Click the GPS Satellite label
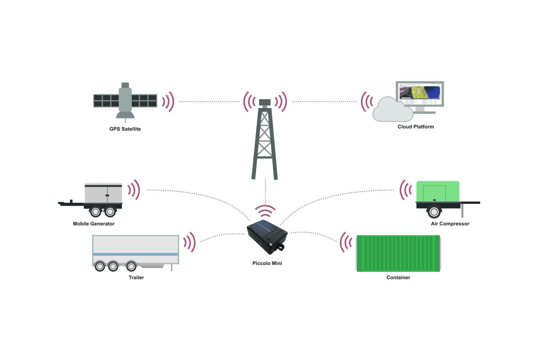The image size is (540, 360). (x=125, y=129)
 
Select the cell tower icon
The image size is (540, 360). (x=265, y=139)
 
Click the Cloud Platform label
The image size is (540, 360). (x=415, y=127)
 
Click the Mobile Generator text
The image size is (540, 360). (x=94, y=224)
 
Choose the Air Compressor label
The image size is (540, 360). (x=450, y=224)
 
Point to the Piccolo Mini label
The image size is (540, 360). (x=267, y=263)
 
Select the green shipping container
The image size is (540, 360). (x=398, y=253)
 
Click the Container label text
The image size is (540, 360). (x=398, y=278)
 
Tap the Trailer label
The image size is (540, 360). (x=136, y=278)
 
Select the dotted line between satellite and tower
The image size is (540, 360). (x=209, y=102)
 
